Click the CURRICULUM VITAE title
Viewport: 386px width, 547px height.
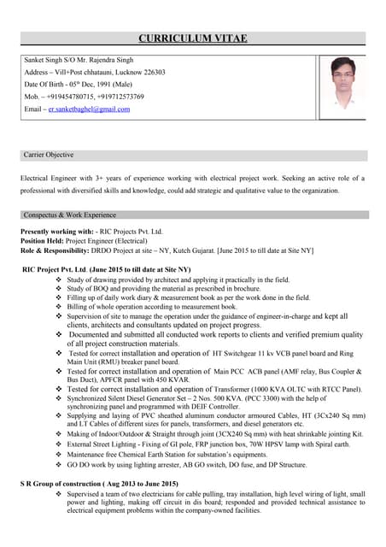tap(193, 38)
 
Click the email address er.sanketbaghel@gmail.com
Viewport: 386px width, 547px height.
tap(89, 110)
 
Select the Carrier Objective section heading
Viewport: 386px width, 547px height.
tap(49, 156)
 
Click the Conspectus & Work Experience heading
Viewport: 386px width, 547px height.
tap(70, 215)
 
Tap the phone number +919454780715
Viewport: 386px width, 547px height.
tap(73, 97)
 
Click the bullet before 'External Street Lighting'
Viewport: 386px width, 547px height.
tap(58, 445)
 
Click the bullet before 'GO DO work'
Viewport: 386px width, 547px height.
tap(58, 465)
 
